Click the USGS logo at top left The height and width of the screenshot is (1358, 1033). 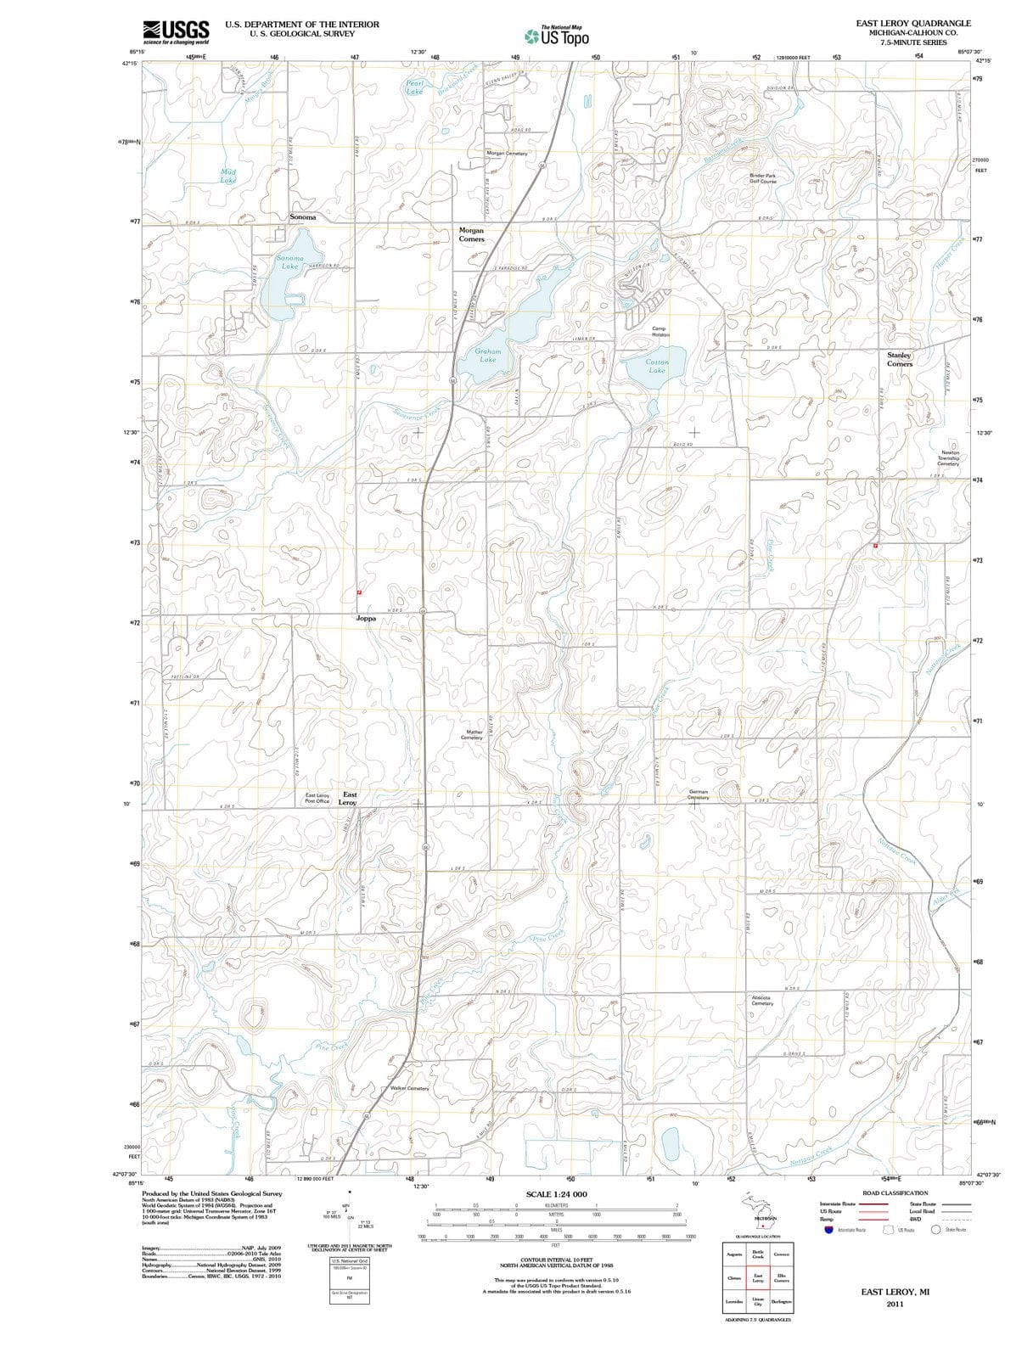click(176, 31)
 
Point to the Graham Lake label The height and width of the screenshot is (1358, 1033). click(487, 355)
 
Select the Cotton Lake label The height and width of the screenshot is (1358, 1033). click(657, 366)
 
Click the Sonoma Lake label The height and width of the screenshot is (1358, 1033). click(289, 261)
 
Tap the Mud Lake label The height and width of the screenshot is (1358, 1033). click(228, 176)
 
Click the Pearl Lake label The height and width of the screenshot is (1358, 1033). click(415, 87)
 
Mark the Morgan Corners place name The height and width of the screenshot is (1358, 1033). click(471, 234)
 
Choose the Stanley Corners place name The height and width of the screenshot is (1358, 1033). click(899, 359)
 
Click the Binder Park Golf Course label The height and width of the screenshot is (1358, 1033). click(762, 178)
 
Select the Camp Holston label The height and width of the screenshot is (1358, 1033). click(660, 331)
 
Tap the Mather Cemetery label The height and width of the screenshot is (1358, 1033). click(473, 734)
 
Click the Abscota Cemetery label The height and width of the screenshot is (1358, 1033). click(762, 1000)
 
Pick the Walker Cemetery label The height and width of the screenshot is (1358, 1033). click(410, 1088)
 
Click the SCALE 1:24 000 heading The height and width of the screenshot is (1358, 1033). click(556, 1194)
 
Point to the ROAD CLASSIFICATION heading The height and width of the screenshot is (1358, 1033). click(895, 1192)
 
